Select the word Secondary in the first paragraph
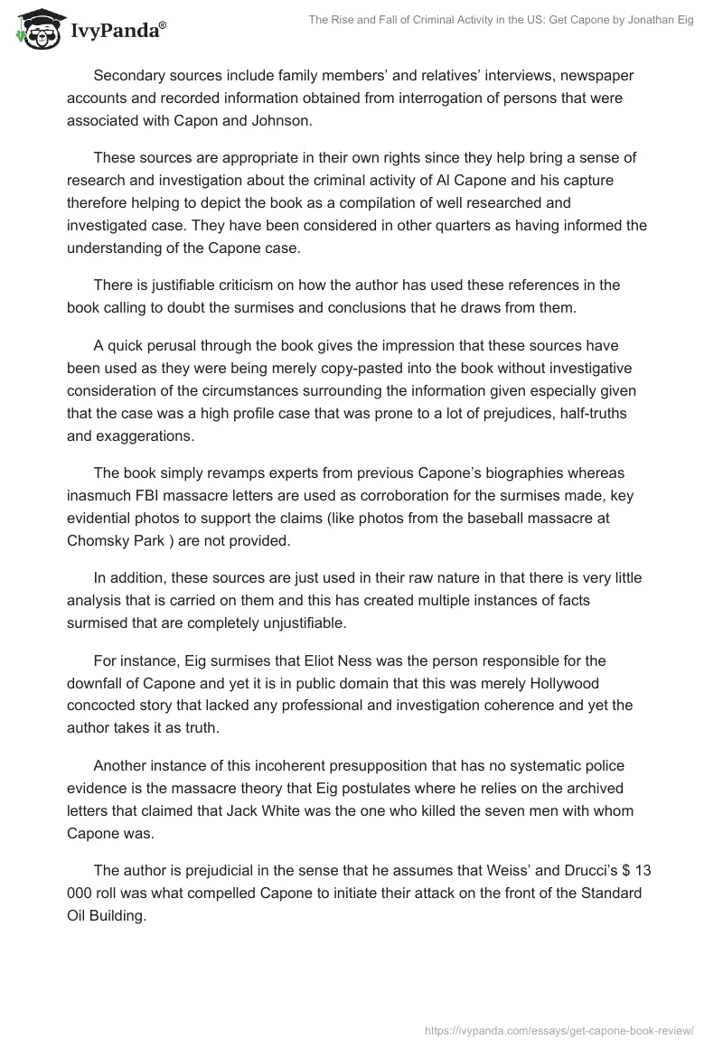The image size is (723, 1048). pos(130,76)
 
